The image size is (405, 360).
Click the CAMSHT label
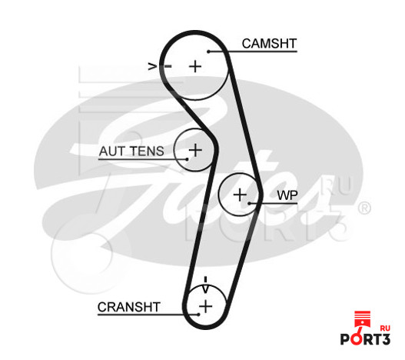pyautogui.click(x=269, y=43)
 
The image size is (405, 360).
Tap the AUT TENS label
pyautogui.click(x=131, y=151)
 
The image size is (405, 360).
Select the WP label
pyautogui.click(x=287, y=195)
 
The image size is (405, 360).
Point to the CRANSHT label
pyautogui.click(x=129, y=307)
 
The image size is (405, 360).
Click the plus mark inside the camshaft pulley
pyautogui.click(x=195, y=66)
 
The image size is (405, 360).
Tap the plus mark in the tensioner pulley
pyautogui.click(x=195, y=150)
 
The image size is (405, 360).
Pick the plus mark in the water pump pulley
pyautogui.click(x=240, y=195)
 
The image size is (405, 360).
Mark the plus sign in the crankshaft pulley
pyautogui.click(x=206, y=307)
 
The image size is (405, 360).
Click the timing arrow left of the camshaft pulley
pyautogui.click(x=152, y=66)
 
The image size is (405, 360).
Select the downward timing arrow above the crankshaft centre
pyautogui.click(x=205, y=289)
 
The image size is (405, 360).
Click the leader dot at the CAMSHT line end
pyautogui.click(x=208, y=52)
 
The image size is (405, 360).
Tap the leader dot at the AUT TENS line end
pyautogui.click(x=187, y=159)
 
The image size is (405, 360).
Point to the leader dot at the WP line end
pyautogui.click(x=249, y=203)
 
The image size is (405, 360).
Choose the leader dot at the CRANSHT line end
pyautogui.click(x=198, y=315)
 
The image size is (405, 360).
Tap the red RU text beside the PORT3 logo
pyautogui.click(x=385, y=328)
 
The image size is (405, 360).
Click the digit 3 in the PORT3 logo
pyautogui.click(x=385, y=339)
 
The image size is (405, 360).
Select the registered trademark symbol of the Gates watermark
pyautogui.click(x=364, y=208)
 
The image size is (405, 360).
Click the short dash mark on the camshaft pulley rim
pyautogui.click(x=168, y=66)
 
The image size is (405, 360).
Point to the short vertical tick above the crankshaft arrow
pyautogui.click(x=206, y=279)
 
